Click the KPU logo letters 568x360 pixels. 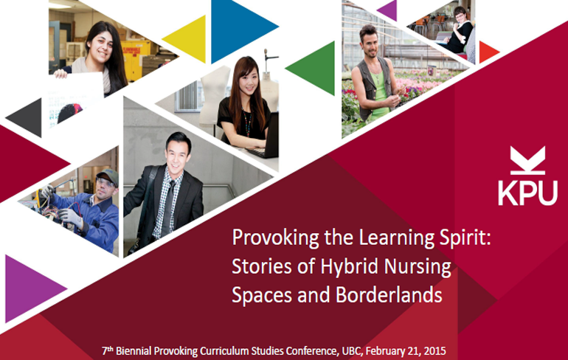click(x=527, y=193)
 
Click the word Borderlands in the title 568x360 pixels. click(x=389, y=295)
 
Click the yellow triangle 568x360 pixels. click(x=188, y=38)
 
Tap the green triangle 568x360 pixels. click(x=314, y=68)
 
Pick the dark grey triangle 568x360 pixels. click(x=25, y=117)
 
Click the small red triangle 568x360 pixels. click(x=488, y=52)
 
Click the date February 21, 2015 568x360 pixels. click(x=406, y=351)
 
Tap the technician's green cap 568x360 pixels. click(x=108, y=176)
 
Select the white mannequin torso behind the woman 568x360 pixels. click(x=215, y=94)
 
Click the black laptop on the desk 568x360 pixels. click(x=266, y=139)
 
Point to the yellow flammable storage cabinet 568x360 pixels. click(x=136, y=59)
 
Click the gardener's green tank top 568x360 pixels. click(x=379, y=95)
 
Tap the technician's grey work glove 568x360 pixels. click(x=71, y=217)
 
